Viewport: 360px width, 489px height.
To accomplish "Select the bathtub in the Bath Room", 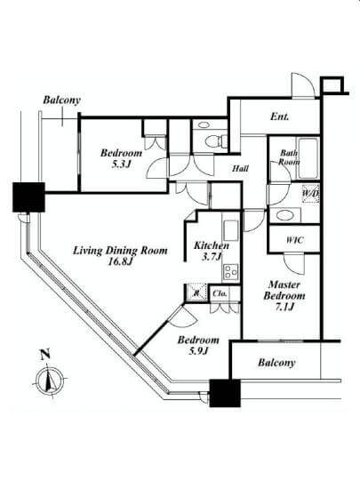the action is point(308,158).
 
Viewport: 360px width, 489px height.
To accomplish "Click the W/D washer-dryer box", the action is point(310,194).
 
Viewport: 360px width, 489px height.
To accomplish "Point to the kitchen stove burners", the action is point(231,271).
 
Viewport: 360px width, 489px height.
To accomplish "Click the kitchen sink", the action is point(231,230).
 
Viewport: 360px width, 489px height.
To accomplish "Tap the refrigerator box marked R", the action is point(196,293).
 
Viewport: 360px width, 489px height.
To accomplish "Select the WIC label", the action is point(294,240).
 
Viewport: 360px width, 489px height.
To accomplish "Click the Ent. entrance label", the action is point(279,117).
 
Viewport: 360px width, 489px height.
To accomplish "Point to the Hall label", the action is point(240,169).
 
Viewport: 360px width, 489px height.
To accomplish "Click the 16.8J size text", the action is point(121,261).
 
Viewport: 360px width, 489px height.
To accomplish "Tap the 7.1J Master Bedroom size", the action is point(284,308).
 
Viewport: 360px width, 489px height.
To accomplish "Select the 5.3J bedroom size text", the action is point(121,164).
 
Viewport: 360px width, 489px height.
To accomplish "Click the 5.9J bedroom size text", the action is point(198,351).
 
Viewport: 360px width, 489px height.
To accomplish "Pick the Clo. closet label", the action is point(220,293).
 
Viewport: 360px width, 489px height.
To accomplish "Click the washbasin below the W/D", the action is point(284,215).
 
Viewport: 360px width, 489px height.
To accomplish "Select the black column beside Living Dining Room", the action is point(28,197).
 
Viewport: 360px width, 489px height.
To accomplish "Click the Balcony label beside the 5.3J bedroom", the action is point(61,100).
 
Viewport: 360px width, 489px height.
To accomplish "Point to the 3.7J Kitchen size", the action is point(212,257).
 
